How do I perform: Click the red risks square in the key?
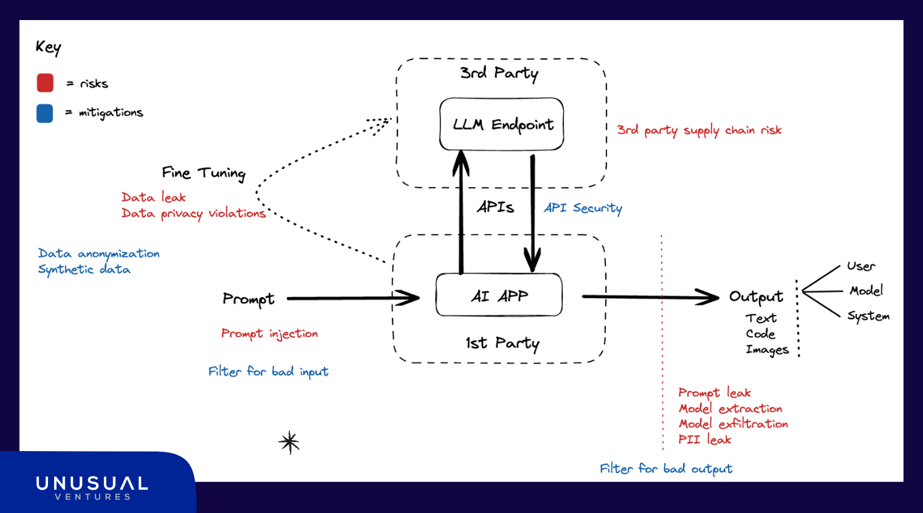point(45,83)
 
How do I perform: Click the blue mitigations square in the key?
point(45,113)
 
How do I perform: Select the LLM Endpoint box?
point(501,124)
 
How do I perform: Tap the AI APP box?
point(499,295)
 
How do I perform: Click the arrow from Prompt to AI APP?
point(352,298)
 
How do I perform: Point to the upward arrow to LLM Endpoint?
point(461,213)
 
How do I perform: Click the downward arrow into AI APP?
point(533,213)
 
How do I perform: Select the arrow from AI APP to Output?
point(650,297)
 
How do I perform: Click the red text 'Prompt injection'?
point(269,334)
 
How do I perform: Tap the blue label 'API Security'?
point(583,208)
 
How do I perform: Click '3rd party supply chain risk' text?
point(699,130)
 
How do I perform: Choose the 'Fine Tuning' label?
point(204,173)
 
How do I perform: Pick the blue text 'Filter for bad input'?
point(268,371)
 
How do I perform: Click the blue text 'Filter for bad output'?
point(666,469)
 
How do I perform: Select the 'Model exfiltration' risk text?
point(733,424)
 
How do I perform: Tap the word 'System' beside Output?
point(868,316)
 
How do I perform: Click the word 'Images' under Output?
point(767,349)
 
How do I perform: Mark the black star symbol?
point(290,442)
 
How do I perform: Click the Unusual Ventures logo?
point(92,487)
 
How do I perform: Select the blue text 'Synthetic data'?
point(84,269)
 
